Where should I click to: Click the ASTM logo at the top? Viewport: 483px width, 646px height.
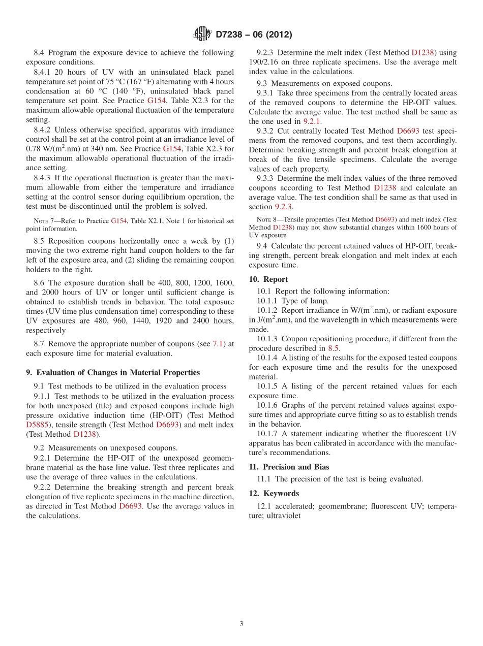click(x=202, y=35)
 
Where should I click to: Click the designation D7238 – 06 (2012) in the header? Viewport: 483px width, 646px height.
click(x=254, y=35)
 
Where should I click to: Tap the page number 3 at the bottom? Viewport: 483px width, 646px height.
click(x=242, y=624)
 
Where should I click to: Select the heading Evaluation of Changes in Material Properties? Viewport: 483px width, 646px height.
click(x=113, y=372)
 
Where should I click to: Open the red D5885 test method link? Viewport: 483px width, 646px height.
click(x=38, y=425)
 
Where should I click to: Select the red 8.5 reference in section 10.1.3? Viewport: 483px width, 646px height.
click(x=333, y=348)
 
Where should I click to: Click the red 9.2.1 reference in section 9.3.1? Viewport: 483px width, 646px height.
click(x=311, y=121)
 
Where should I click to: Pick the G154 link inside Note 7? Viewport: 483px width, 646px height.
click(x=119, y=221)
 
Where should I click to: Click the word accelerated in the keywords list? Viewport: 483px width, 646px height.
click(x=295, y=506)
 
